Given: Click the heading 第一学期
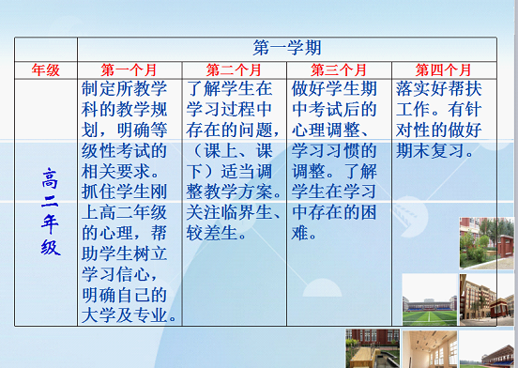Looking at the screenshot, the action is click(x=287, y=48).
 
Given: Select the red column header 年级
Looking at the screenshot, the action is click(x=46, y=70).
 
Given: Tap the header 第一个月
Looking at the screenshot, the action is click(x=129, y=70).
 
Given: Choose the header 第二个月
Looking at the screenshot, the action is click(x=234, y=70).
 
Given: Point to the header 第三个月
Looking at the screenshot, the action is click(x=339, y=70).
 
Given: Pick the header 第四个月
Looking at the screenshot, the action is click(x=443, y=70).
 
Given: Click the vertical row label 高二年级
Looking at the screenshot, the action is click(x=51, y=212).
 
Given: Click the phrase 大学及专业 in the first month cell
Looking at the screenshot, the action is click(x=124, y=315).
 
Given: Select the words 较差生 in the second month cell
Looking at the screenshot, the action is click(x=212, y=233).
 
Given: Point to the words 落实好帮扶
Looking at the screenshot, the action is click(x=439, y=89).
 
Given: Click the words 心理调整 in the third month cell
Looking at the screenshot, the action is click(x=326, y=130).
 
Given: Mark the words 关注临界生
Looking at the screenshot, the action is click(x=229, y=212).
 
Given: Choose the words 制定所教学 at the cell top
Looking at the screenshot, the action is click(x=124, y=89).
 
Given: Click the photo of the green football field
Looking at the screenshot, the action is click(x=430, y=299).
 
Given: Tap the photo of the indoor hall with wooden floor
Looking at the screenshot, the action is click(x=430, y=349).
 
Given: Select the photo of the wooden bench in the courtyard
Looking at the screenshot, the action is click(x=373, y=348).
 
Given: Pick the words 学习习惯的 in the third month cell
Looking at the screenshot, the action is click(x=334, y=150).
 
